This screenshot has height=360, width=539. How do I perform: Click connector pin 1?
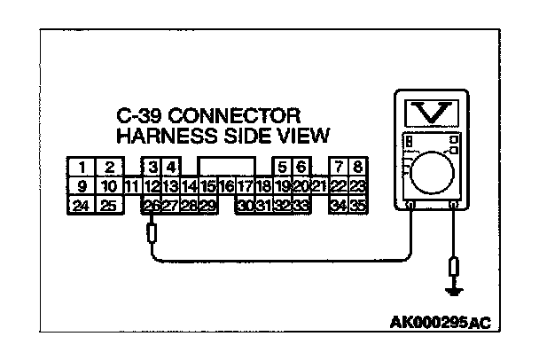[x=81, y=167]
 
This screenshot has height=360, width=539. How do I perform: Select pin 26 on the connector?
[x=151, y=206]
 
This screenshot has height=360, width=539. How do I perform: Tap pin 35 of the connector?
[x=358, y=206]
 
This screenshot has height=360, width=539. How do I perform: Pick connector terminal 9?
[x=81, y=186]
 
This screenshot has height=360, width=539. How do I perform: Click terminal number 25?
[x=108, y=206]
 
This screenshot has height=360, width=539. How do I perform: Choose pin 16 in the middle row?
[x=227, y=186]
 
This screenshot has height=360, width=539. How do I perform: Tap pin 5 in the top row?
[x=283, y=167]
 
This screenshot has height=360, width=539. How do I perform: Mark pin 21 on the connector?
[x=320, y=186]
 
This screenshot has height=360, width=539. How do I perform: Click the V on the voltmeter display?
[x=431, y=113]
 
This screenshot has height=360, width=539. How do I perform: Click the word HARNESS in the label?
[x=160, y=136]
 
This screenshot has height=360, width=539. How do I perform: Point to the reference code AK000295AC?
[x=439, y=324]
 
